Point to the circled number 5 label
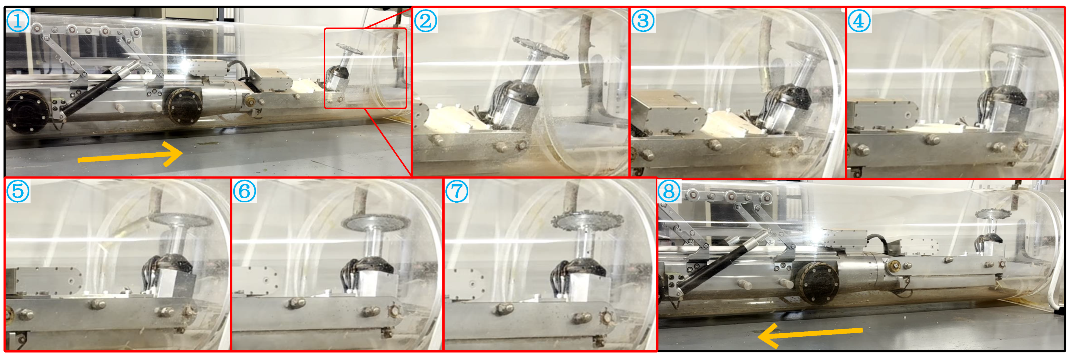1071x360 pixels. click(x=18, y=191)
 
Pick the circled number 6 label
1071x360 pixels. click(x=244, y=191)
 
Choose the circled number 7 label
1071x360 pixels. click(x=457, y=191)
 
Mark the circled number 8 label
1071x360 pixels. click(x=669, y=191)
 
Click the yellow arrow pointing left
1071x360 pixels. click(x=810, y=334)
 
